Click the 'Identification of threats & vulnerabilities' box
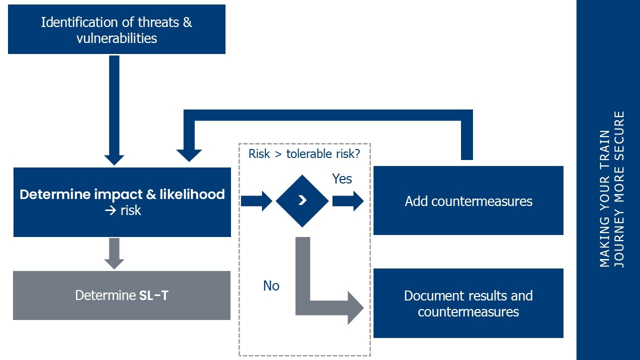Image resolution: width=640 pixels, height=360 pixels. coord(116,29)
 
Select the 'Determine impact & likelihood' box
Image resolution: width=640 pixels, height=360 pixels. coord(122,202)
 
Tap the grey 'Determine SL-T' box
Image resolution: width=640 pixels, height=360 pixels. coord(121,295)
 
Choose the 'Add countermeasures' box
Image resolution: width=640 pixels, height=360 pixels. coord(468,201)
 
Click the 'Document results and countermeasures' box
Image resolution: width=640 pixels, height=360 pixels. coord(468,303)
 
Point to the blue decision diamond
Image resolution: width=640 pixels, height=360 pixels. coord(302,201)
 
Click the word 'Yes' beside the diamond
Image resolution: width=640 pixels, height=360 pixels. coord(342,179)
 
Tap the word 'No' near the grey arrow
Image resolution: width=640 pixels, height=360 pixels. coord(271,285)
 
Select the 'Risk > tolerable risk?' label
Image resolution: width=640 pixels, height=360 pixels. coord(304,153)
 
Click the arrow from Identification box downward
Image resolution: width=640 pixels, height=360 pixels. coord(114,110)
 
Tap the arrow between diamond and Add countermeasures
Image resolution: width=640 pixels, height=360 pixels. coord(348,201)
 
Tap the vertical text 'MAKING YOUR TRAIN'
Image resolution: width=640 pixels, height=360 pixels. coord(605,199)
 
